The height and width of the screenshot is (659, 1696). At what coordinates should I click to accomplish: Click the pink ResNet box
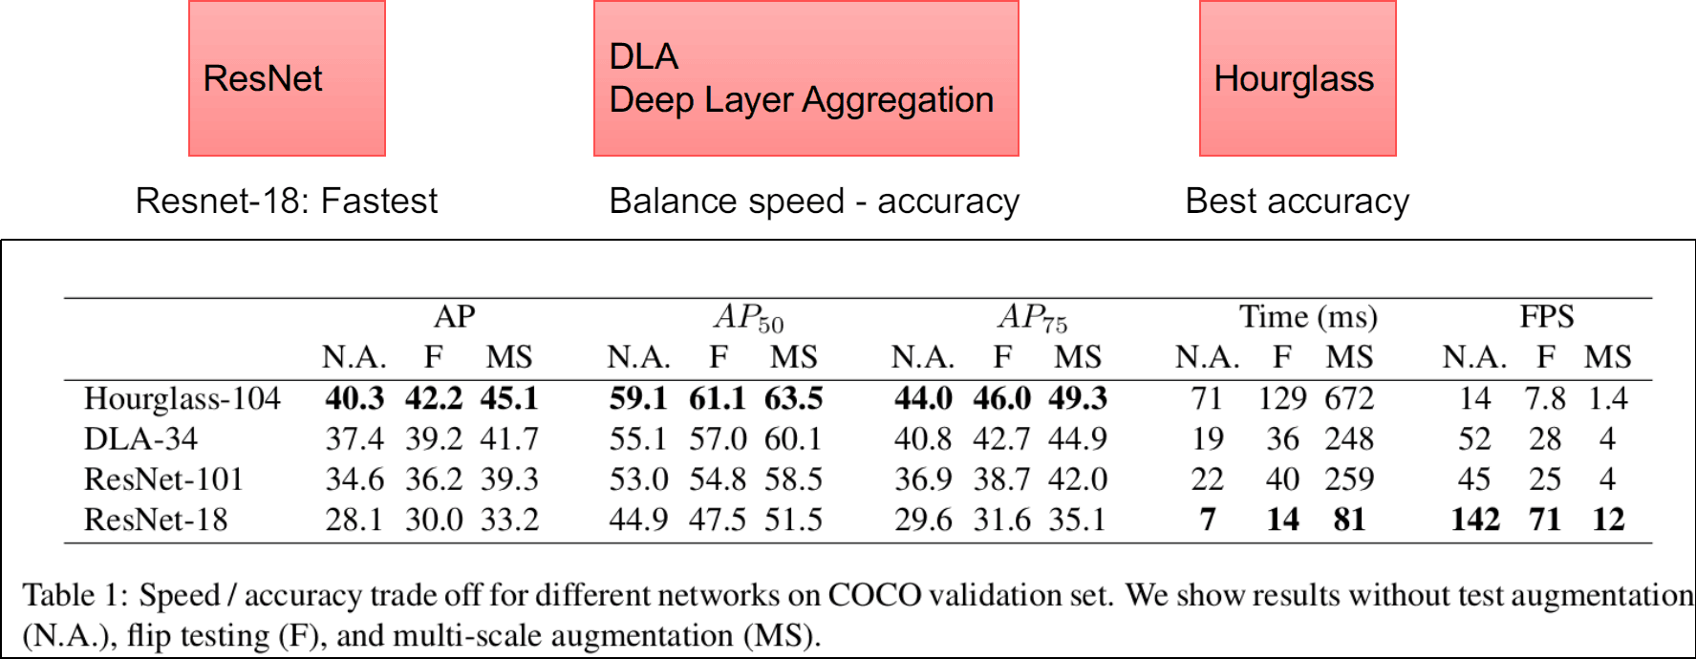click(287, 78)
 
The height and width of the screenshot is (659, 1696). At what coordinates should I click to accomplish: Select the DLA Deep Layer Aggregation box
click(805, 78)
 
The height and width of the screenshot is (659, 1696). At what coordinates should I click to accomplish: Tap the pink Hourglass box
click(1297, 78)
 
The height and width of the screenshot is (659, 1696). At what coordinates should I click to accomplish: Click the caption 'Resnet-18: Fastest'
click(286, 202)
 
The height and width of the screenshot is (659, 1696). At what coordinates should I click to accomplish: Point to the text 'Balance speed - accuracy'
click(814, 202)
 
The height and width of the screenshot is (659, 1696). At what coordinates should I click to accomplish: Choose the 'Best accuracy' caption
click(1297, 202)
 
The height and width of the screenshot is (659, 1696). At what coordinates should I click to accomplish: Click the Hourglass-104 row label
click(182, 398)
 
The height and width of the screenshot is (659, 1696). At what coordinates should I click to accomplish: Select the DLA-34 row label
click(140, 438)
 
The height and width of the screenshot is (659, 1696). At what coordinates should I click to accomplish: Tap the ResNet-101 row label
click(163, 478)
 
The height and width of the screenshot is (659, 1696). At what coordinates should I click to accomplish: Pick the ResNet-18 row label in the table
click(156, 520)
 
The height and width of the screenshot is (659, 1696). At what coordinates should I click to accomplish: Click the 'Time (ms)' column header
click(1308, 316)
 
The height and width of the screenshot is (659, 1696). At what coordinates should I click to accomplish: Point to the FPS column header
click(1546, 316)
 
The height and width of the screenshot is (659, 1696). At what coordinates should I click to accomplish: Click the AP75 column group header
click(1032, 317)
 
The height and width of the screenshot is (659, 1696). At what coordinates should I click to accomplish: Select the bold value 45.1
click(509, 398)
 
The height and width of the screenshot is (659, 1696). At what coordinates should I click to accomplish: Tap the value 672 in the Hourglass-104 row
click(1349, 398)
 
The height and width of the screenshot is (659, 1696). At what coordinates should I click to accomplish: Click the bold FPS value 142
click(1475, 520)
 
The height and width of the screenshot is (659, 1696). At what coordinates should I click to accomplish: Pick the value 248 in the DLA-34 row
click(1349, 438)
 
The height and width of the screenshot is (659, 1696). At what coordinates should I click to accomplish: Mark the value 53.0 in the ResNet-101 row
click(638, 478)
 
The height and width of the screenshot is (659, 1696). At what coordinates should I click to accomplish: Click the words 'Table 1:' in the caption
click(75, 595)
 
